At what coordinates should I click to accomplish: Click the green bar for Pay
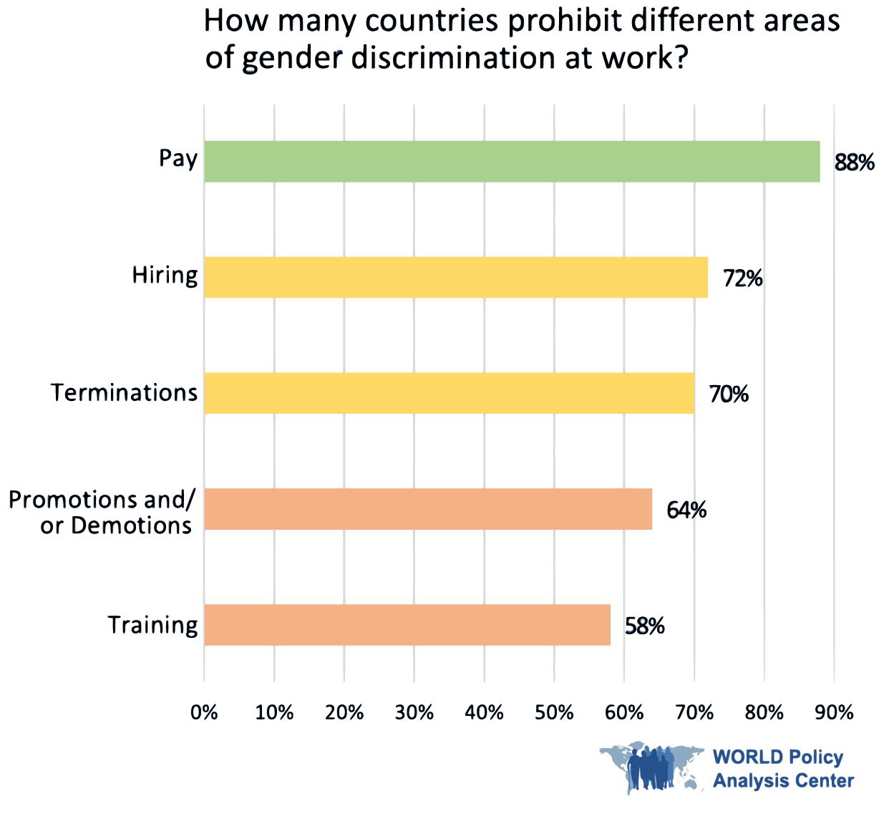click(512, 161)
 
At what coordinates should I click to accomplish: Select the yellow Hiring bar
click(456, 277)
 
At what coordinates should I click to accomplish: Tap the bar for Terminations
click(449, 393)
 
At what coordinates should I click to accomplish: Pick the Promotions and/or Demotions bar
click(428, 509)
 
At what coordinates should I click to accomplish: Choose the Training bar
click(407, 625)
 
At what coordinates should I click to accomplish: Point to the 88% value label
click(854, 163)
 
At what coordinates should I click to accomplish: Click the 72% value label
click(742, 278)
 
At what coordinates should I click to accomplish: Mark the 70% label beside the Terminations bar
click(728, 394)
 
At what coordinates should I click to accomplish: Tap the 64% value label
click(686, 510)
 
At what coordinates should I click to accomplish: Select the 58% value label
click(644, 626)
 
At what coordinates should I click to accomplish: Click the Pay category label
click(178, 158)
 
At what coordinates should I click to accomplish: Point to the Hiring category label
click(165, 276)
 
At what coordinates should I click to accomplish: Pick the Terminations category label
click(124, 392)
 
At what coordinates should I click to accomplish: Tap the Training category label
click(152, 625)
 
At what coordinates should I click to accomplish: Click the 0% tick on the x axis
click(204, 712)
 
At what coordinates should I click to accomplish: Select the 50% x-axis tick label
click(554, 712)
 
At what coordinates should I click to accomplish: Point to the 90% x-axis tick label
click(834, 712)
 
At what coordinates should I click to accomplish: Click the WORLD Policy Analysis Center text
click(783, 769)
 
